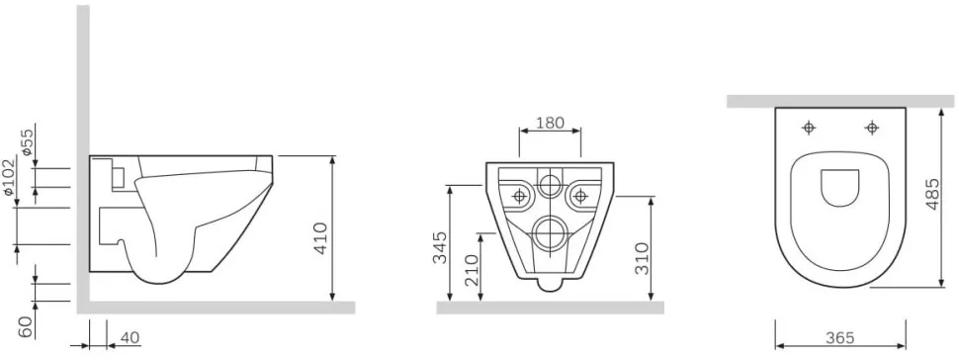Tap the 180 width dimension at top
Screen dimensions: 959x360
pyautogui.click(x=550, y=123)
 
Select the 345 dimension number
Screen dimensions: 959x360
pyautogui.click(x=440, y=247)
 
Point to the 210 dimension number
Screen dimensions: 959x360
pyautogui.click(x=471, y=272)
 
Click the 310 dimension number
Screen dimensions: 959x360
pyautogui.click(x=642, y=258)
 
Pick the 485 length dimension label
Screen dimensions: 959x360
pyautogui.click(x=931, y=194)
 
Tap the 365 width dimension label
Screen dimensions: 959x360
pyautogui.click(x=839, y=337)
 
